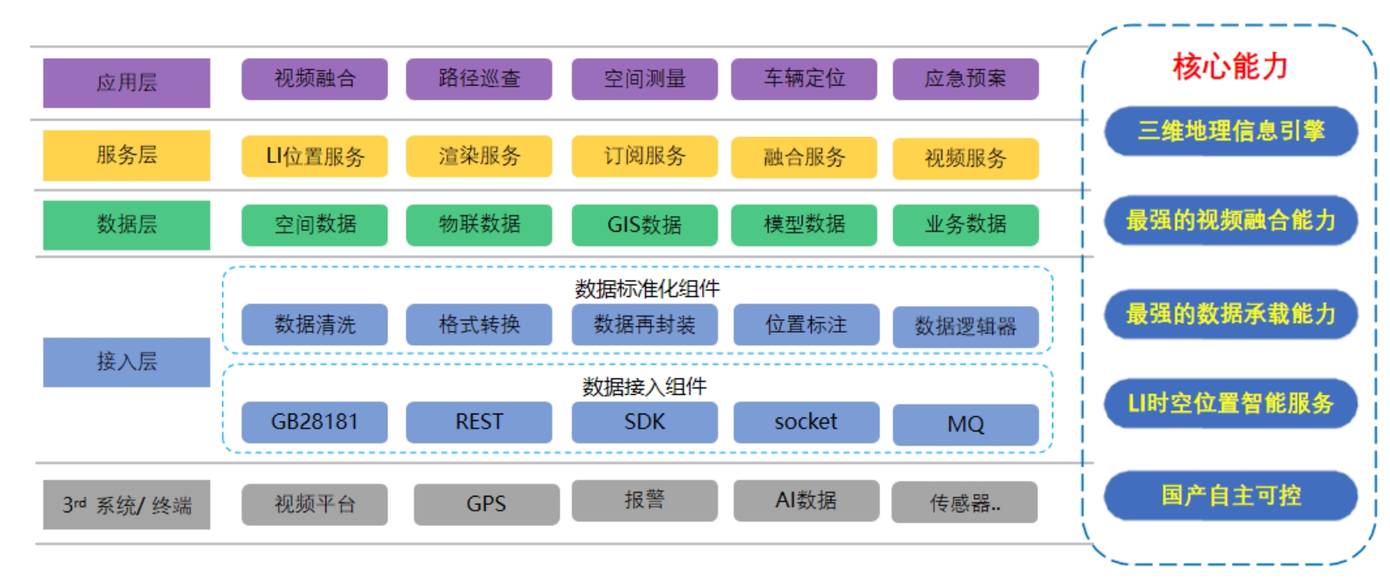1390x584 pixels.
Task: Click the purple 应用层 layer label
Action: [x=126, y=82]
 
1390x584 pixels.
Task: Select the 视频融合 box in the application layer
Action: [x=314, y=78]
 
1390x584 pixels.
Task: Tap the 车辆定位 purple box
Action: [x=803, y=78]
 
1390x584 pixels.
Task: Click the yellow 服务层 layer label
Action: [x=126, y=155]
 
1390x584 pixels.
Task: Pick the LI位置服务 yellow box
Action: [x=314, y=157]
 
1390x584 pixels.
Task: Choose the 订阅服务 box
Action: [x=644, y=156]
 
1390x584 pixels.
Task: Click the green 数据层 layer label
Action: [x=126, y=224]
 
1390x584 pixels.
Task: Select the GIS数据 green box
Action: [x=644, y=224]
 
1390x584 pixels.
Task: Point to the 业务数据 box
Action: [x=965, y=224]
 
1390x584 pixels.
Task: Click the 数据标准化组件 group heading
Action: [x=647, y=288]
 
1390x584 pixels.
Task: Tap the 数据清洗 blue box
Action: [x=314, y=325]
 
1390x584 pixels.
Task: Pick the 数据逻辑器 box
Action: [x=965, y=326]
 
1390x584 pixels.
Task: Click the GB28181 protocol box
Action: [x=314, y=422]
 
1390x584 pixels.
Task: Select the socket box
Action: [x=806, y=422]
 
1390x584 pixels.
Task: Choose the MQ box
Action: [x=965, y=424]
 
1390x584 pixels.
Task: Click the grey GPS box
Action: [x=486, y=504]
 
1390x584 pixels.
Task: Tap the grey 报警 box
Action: [x=644, y=500]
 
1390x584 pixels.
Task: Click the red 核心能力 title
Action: [x=1230, y=66]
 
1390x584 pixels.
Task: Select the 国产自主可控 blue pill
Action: [x=1230, y=495]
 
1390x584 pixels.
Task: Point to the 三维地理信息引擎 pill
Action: [x=1230, y=131]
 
